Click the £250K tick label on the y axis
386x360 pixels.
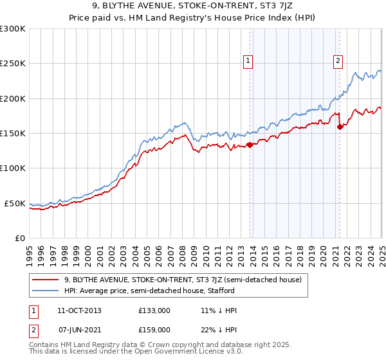(x=12, y=64)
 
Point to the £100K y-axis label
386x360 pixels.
(x=12, y=168)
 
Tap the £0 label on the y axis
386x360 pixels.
(x=20, y=238)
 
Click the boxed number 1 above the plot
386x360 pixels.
(x=248, y=61)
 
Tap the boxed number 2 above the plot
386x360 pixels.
(x=338, y=61)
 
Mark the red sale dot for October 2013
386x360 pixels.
(x=250, y=145)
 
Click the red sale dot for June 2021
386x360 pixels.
(x=339, y=127)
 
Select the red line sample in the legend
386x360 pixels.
(x=46, y=279)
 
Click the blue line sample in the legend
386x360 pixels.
(x=46, y=290)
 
